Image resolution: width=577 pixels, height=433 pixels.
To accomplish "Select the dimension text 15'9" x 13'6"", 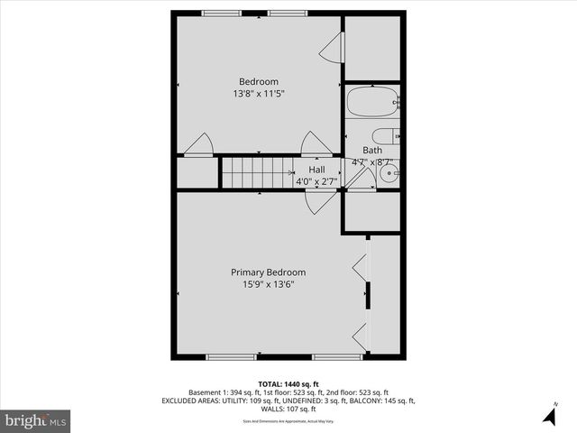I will [x=268, y=284].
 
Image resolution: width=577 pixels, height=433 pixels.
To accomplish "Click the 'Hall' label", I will [x=316, y=170].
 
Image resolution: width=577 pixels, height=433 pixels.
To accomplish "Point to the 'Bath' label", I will [x=371, y=151].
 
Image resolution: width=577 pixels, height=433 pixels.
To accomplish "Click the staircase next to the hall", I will [x=258, y=171].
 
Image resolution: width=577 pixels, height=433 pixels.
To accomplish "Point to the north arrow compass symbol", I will [x=549, y=414].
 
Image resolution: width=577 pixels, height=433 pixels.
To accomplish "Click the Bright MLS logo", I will [x=36, y=420].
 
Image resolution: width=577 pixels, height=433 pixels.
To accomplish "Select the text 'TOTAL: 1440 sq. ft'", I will [x=288, y=383].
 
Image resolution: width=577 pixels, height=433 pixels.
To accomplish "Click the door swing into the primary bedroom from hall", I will [x=317, y=202].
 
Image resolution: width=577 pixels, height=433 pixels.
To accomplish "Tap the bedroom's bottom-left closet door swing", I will [x=198, y=144].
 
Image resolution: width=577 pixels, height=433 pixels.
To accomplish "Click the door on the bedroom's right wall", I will [x=333, y=48].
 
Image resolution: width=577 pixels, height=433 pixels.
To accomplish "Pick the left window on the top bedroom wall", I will [x=215, y=14].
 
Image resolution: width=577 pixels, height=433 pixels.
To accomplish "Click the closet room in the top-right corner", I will [x=372, y=47].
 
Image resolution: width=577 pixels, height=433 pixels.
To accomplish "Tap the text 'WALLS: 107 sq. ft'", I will [x=288, y=409].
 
